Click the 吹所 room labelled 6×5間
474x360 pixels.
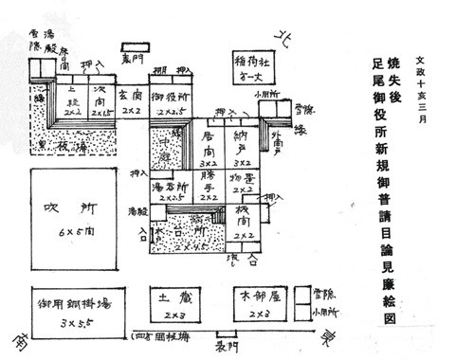(70, 219)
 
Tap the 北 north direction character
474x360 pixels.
(280, 35)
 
